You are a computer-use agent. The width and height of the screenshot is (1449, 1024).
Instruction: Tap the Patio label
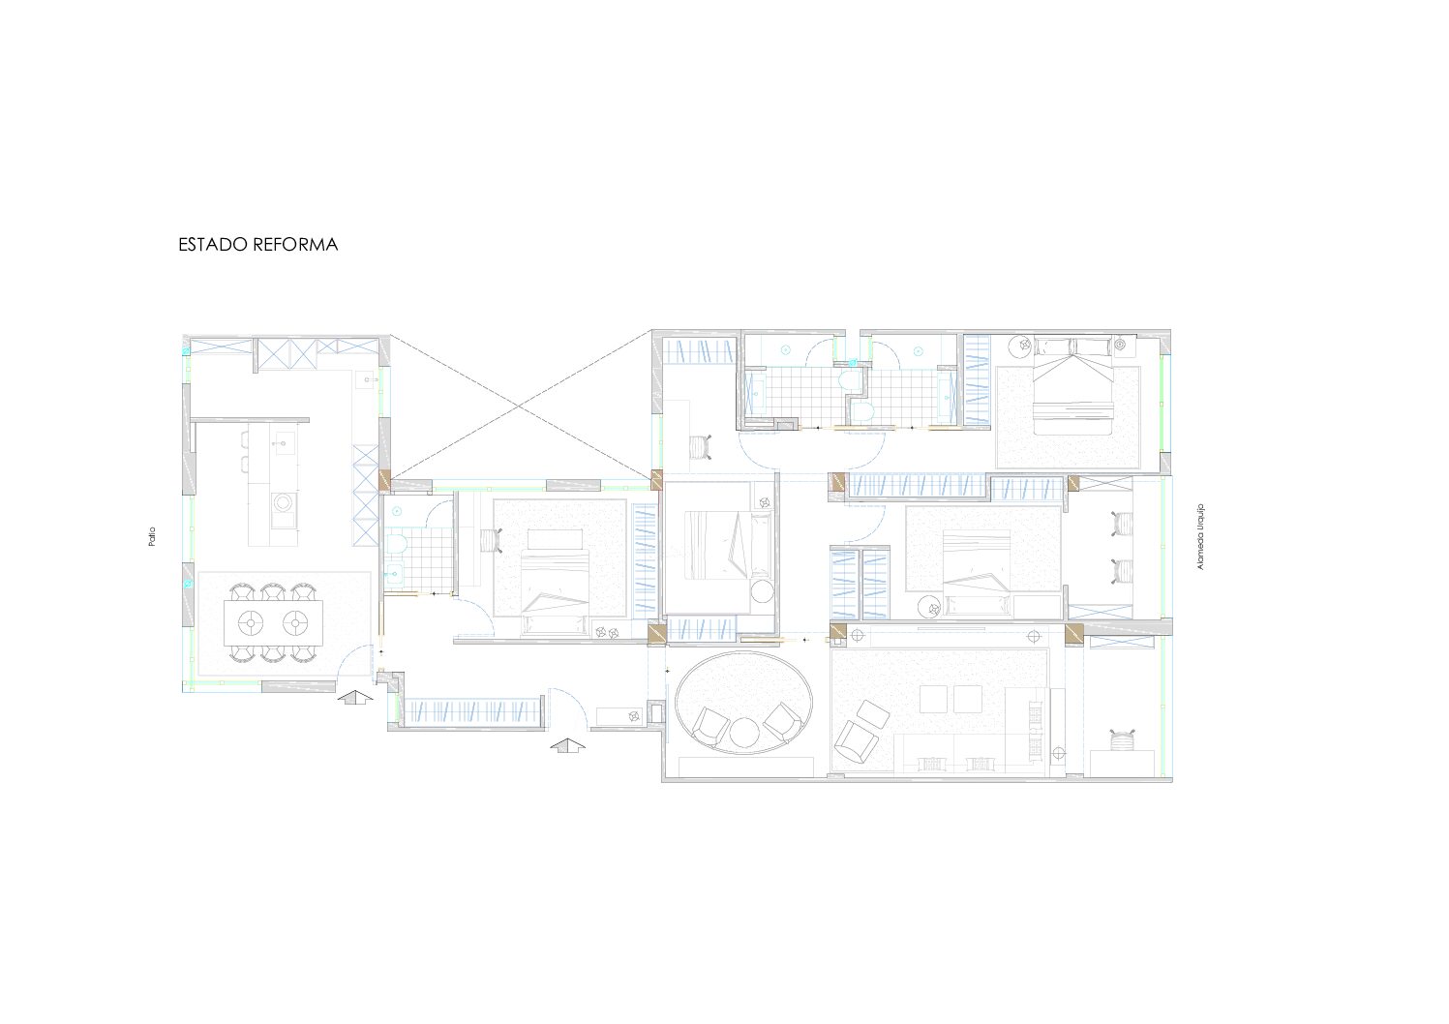pyautogui.click(x=152, y=537)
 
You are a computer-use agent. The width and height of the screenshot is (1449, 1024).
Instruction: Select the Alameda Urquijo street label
pyautogui.click(x=1201, y=537)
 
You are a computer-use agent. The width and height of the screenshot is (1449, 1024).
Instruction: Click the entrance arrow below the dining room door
pyautogui.click(x=355, y=697)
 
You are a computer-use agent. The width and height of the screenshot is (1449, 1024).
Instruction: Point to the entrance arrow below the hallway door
pyautogui.click(x=567, y=745)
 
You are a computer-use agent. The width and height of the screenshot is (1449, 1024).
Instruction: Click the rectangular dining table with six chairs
pyautogui.click(x=273, y=623)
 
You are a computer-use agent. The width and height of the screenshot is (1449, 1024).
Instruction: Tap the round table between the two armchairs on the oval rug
pyautogui.click(x=745, y=733)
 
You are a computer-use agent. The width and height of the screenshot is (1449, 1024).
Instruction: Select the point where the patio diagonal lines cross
pyautogui.click(x=521, y=407)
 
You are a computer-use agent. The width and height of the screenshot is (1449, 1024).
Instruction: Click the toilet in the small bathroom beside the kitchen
pyautogui.click(x=396, y=543)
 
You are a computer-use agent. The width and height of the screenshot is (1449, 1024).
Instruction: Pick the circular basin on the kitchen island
pyautogui.click(x=282, y=502)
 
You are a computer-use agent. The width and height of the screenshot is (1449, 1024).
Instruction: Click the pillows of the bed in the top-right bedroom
pyautogui.click(x=1072, y=346)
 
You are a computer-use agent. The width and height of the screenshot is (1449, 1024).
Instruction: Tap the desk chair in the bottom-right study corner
pyautogui.click(x=1123, y=739)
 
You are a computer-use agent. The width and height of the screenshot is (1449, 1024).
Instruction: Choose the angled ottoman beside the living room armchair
pyautogui.click(x=873, y=713)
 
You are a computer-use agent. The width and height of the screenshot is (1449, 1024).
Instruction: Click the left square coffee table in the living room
pyautogui.click(x=933, y=699)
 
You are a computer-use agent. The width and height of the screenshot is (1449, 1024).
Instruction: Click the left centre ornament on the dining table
pyautogui.click(x=251, y=623)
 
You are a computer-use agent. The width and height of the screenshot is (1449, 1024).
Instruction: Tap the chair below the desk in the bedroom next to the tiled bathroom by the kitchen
pyautogui.click(x=492, y=539)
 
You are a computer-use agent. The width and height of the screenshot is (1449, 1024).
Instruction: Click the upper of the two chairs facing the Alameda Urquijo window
pyautogui.click(x=1123, y=523)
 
